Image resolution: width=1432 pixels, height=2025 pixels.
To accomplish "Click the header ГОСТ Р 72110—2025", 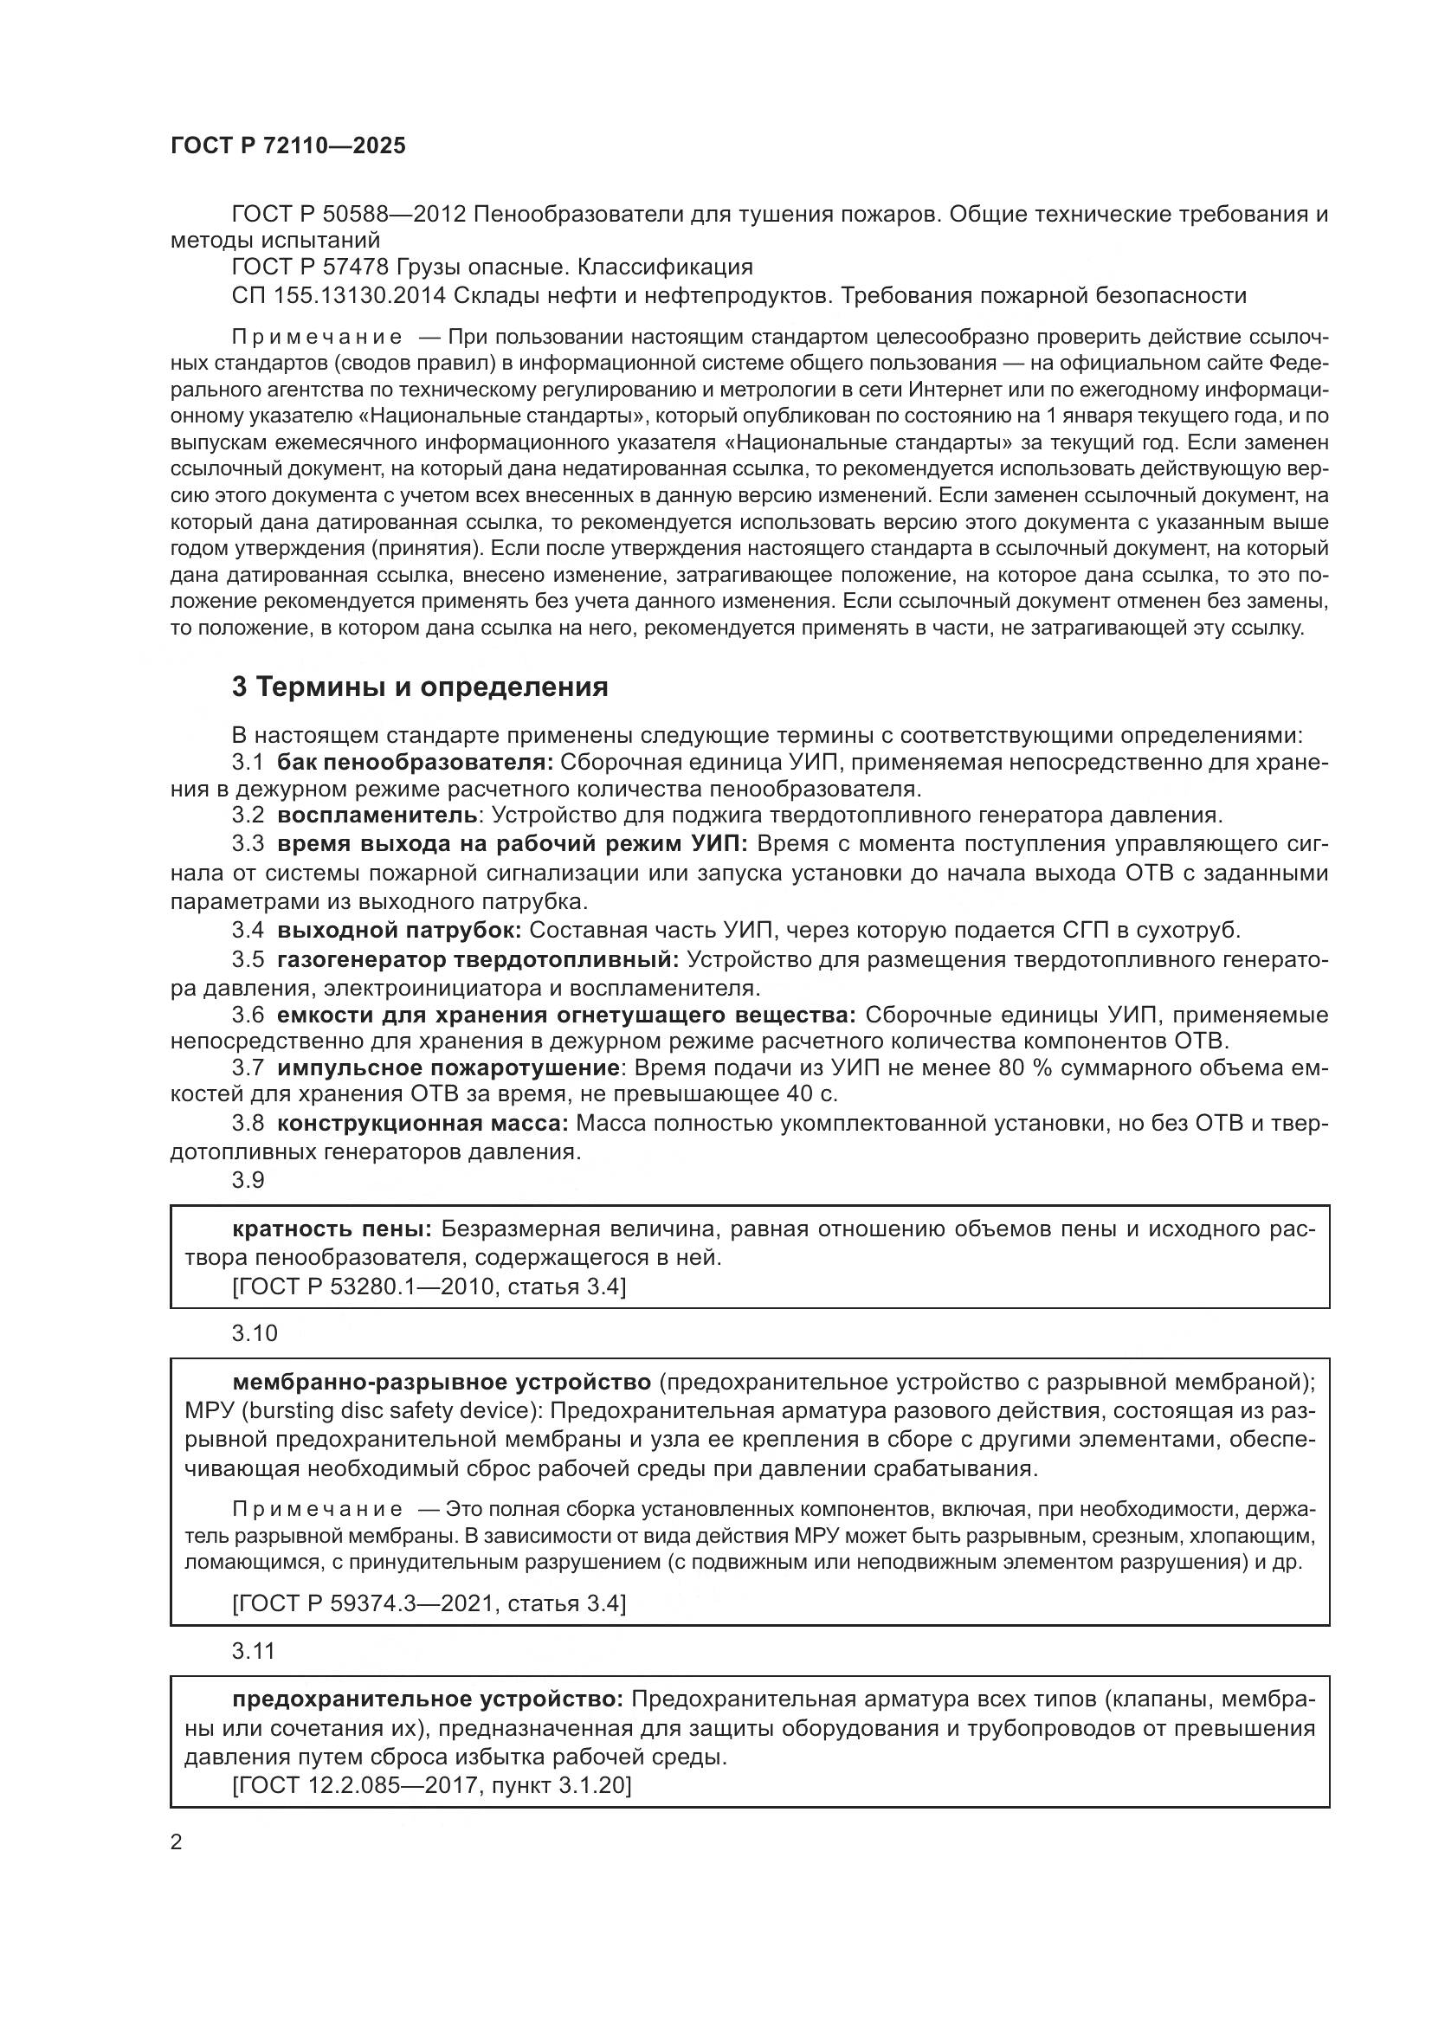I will tap(287, 146).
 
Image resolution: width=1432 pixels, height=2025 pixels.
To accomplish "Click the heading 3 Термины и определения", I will tap(420, 687).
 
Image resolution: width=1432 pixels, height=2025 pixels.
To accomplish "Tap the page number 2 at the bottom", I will tap(177, 1842).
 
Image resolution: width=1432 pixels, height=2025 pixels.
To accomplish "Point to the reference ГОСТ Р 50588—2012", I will tap(348, 215).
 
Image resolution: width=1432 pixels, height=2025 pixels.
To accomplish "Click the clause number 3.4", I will tap(248, 930).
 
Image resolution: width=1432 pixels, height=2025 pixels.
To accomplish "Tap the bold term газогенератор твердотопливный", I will tap(477, 958).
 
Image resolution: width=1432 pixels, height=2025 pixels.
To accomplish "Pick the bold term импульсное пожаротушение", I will tap(448, 1068).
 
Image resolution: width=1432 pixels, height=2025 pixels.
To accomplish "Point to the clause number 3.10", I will tap(254, 1333).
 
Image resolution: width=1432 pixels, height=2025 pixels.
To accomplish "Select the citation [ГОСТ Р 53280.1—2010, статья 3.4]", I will tap(429, 1287).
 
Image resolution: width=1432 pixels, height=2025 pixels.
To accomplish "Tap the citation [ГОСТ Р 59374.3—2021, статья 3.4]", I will tap(429, 1603).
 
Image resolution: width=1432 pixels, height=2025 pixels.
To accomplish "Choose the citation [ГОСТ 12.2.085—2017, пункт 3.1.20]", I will tap(431, 1786).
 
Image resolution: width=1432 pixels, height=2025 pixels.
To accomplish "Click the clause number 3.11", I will tap(253, 1651).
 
